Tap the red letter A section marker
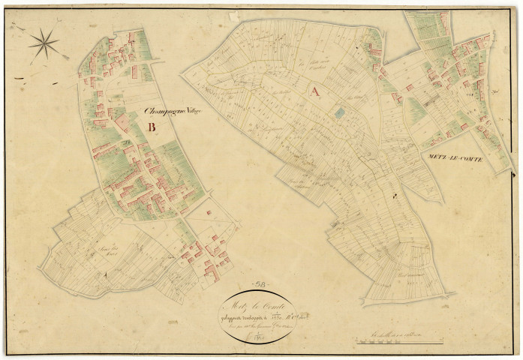point(314,91)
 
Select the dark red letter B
point(152,127)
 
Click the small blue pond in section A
point(339,112)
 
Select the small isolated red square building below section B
point(209,212)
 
